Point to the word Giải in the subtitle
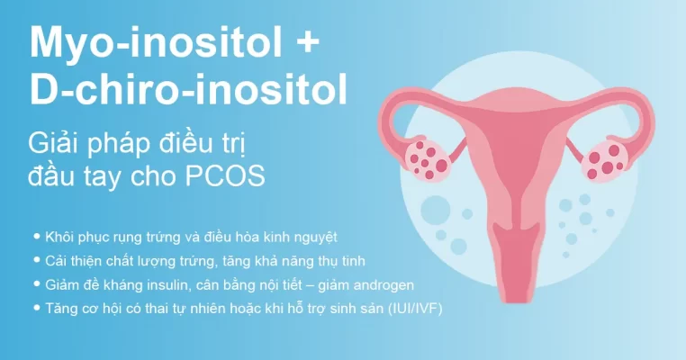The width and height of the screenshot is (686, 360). point(55,141)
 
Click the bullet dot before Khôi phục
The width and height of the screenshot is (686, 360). point(37,236)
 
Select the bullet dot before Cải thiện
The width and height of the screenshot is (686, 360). point(37,260)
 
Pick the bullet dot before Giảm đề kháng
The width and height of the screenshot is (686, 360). point(37,284)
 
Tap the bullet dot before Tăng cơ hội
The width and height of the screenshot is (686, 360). point(37,309)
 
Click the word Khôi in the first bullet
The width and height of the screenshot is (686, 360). point(60,237)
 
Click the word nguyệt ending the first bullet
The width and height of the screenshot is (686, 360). point(314,238)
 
